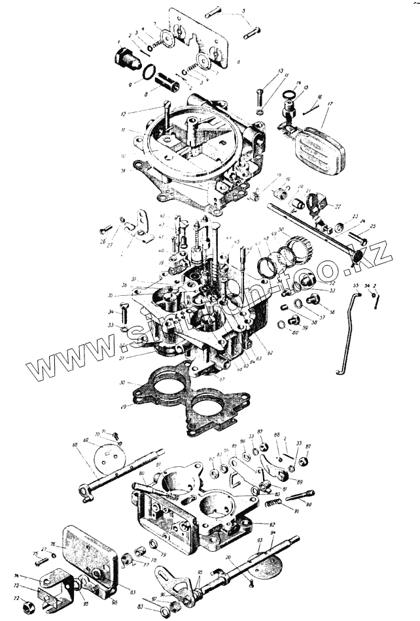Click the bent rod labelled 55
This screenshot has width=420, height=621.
347,333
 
